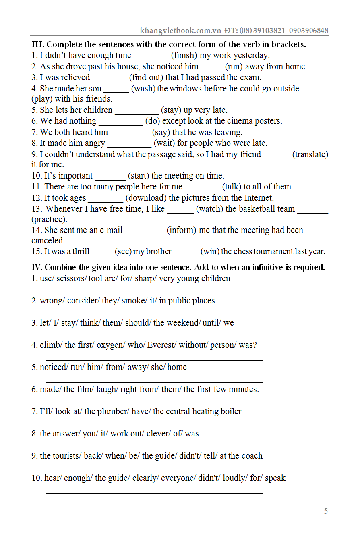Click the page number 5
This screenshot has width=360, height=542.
(326, 511)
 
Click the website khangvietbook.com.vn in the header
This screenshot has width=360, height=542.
(181, 31)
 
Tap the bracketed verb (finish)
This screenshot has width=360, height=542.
(184, 55)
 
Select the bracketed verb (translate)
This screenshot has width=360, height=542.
(310, 154)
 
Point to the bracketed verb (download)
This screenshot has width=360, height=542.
(146, 198)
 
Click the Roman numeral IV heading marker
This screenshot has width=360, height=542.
(37, 267)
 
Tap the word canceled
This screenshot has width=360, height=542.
(48, 241)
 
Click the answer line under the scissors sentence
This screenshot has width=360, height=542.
(154, 293)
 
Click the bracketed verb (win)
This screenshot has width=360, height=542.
(210, 251)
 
